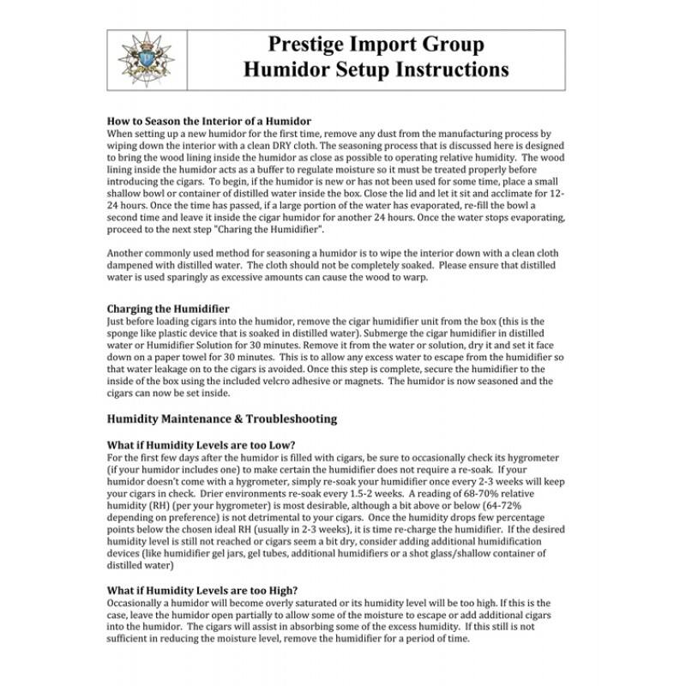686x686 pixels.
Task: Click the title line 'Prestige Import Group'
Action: [x=376, y=45]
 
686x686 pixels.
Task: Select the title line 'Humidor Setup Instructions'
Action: [x=376, y=70]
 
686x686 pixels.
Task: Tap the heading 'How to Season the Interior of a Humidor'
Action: [x=208, y=121]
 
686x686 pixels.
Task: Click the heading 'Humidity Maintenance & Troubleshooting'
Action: [x=221, y=418]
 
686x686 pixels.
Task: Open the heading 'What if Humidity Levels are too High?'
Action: [x=202, y=590]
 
